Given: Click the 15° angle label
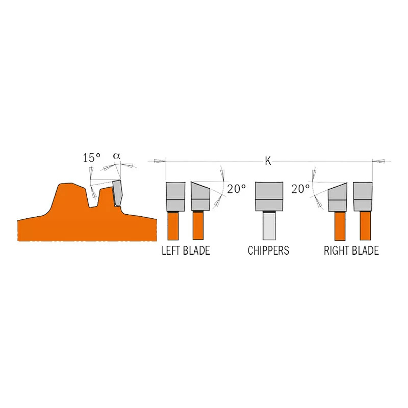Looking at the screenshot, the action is click(92, 158).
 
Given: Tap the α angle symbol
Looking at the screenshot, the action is click(117, 156).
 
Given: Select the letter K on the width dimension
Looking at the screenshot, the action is click(268, 161).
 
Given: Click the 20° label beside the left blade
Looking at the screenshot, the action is click(236, 189).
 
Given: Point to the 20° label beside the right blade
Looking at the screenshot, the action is click(300, 189).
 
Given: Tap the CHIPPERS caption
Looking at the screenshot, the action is click(268, 250).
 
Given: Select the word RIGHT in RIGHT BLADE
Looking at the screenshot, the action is click(336, 250).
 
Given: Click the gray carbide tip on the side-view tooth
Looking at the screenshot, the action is click(118, 193).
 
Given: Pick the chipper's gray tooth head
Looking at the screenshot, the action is click(269, 196).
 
